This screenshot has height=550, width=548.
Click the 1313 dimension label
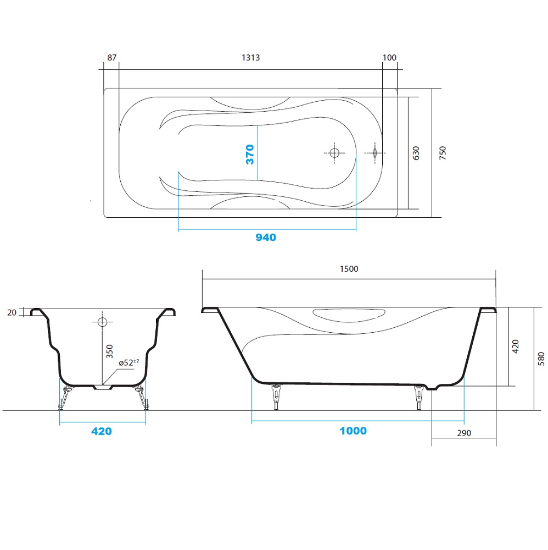(x=251, y=58)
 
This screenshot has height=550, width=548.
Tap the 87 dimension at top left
(x=111, y=58)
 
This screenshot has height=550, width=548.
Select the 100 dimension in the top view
(x=389, y=58)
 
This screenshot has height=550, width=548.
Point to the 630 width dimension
(x=416, y=153)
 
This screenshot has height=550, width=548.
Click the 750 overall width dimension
(x=443, y=153)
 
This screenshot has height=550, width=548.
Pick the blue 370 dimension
(x=250, y=155)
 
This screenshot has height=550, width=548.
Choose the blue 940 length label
(x=266, y=238)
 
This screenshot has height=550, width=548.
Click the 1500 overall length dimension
(x=349, y=269)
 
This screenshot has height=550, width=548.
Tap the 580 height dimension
(x=541, y=359)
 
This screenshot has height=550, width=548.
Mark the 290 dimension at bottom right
(x=464, y=433)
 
